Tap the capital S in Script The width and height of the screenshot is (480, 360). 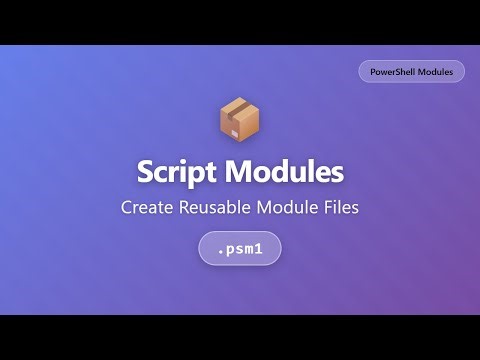[x=146, y=172]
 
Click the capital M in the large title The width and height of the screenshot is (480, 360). [x=240, y=171]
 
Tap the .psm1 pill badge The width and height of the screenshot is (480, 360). [x=239, y=248]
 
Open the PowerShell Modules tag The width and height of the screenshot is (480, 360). [x=411, y=71]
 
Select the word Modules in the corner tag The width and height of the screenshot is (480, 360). [x=437, y=71]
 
